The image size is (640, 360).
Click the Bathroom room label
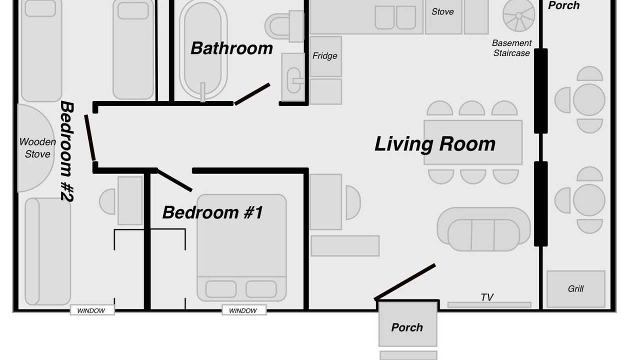click(231, 48)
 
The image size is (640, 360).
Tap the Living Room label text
click(435, 144)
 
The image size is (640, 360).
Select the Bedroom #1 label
click(212, 212)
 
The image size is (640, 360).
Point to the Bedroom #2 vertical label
click(67, 151)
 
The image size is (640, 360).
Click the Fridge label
click(324, 55)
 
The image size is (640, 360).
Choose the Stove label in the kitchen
click(442, 11)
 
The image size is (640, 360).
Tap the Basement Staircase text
click(511, 48)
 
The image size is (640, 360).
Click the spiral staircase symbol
click(518, 15)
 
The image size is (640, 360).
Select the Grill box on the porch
click(575, 289)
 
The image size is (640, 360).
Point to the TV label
click(487, 297)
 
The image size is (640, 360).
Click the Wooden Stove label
click(37, 148)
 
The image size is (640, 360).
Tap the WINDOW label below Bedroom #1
click(243, 310)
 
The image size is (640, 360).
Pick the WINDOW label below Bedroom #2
click(91, 310)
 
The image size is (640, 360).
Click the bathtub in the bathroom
click(203, 48)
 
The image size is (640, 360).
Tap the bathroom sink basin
click(293, 80)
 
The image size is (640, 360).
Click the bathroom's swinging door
click(252, 94)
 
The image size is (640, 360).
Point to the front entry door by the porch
click(405, 282)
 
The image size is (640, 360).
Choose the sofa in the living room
click(483, 229)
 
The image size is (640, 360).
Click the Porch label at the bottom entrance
click(407, 327)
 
